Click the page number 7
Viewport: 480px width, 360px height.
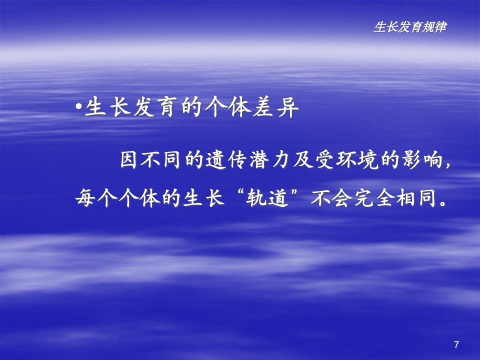(456, 344)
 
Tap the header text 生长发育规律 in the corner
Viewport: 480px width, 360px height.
(410, 27)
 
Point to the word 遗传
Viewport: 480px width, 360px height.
(226, 159)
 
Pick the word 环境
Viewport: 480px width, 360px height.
(357, 159)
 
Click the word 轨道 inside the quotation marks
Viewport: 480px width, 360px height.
(268, 198)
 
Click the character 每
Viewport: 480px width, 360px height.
(85, 198)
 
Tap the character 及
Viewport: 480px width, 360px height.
(303, 159)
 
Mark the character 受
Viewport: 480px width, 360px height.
(325, 159)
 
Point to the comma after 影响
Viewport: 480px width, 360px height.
(448, 165)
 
